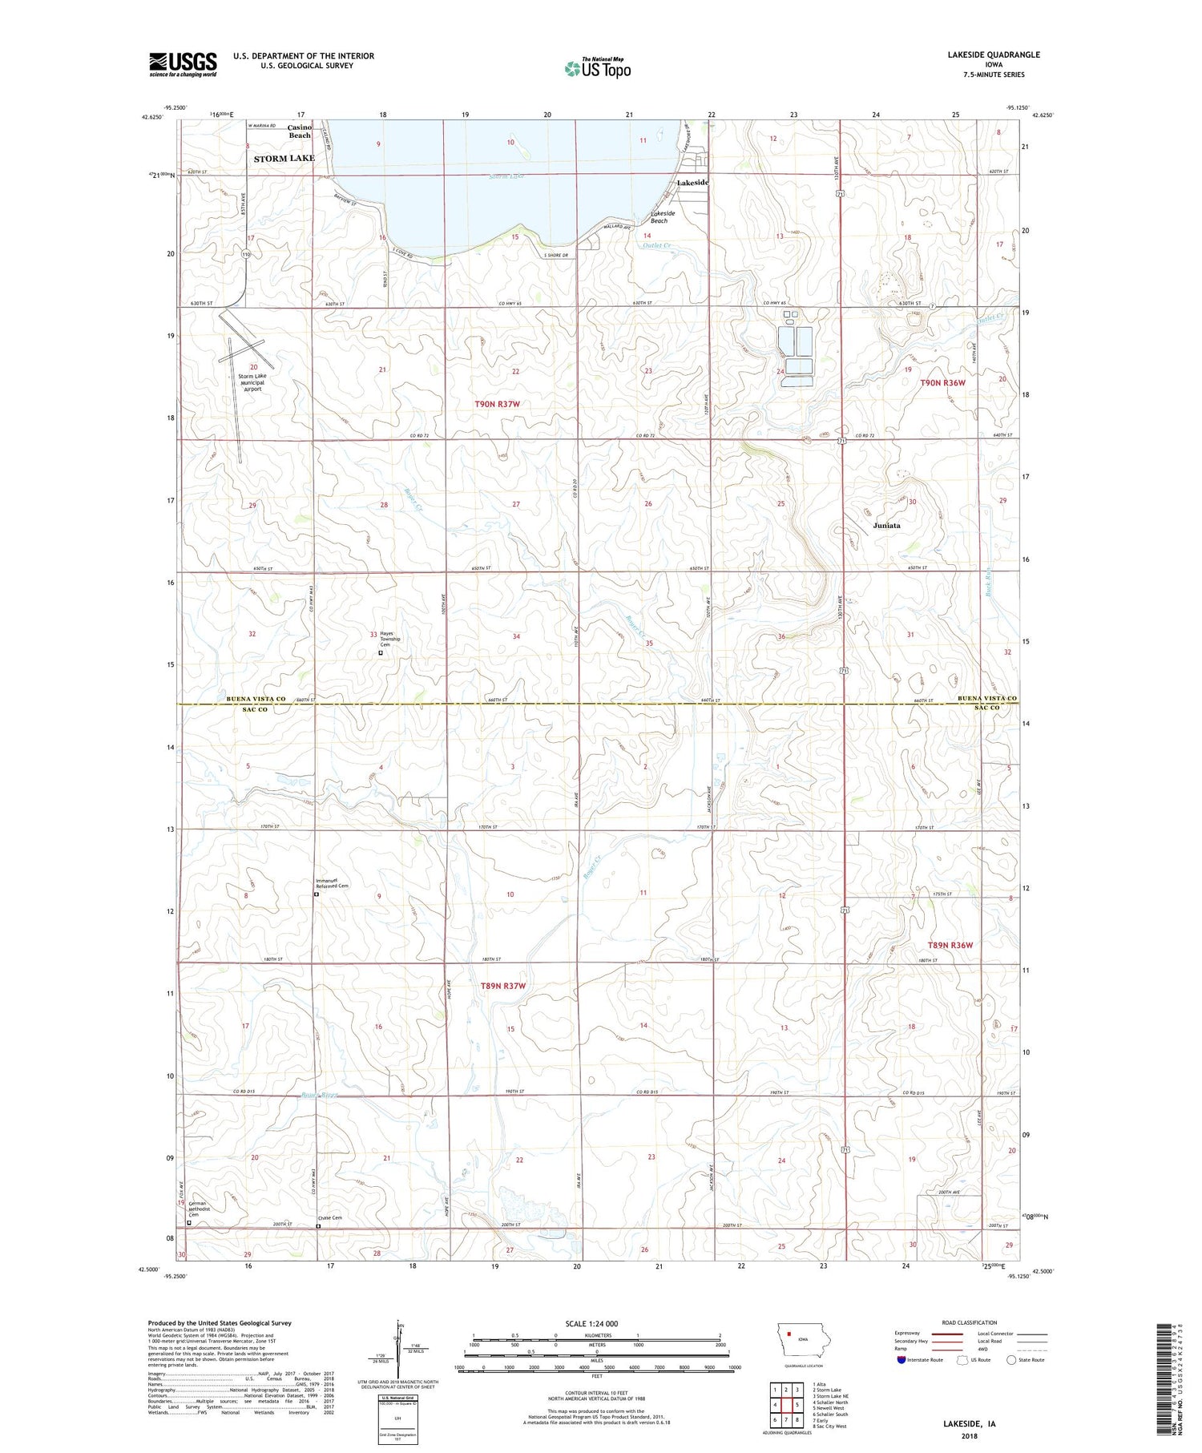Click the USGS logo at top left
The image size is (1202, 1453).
coord(183,64)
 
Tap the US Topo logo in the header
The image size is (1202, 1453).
coord(597,69)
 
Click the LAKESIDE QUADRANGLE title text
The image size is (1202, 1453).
coord(993,54)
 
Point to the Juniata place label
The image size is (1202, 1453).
coord(886,526)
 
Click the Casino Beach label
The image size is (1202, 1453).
coord(300,131)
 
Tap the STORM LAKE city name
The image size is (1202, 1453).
coord(284,159)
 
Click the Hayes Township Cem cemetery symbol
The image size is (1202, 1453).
coord(381,653)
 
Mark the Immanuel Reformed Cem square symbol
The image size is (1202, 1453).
coord(317,894)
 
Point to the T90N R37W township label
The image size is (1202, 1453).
coord(497,405)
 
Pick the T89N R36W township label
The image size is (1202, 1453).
coord(950,945)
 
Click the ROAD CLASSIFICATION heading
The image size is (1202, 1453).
coord(970,1322)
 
